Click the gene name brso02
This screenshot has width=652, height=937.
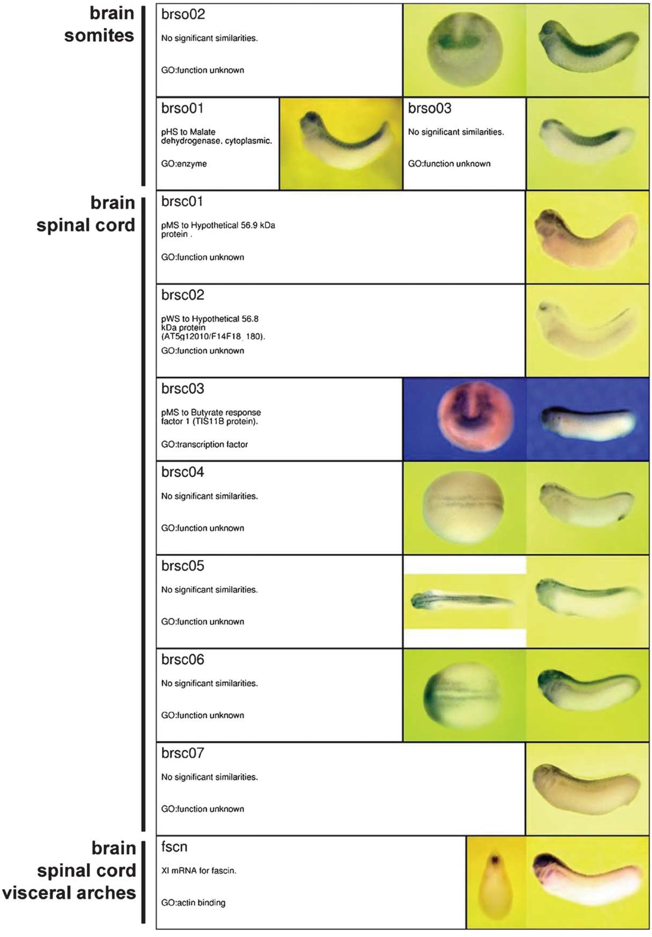pyautogui.click(x=183, y=14)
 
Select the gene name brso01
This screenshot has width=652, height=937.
pyautogui.click(x=182, y=108)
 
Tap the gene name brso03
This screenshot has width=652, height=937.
pyautogui.click(x=430, y=108)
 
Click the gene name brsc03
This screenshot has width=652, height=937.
pyautogui.click(x=183, y=389)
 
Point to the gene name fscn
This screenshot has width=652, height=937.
pyautogui.click(x=174, y=847)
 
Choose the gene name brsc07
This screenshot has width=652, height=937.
pyautogui.click(x=183, y=753)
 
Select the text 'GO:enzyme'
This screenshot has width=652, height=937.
pyautogui.click(x=184, y=164)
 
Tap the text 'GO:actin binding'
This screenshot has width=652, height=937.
pyautogui.click(x=193, y=902)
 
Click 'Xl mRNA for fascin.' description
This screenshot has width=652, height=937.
pyautogui.click(x=198, y=870)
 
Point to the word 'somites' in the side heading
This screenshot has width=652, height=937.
pyautogui.click(x=99, y=36)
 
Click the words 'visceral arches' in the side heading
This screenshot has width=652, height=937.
pyautogui.click(x=69, y=892)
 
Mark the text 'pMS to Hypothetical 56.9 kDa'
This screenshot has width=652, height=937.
pyautogui.click(x=218, y=225)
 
